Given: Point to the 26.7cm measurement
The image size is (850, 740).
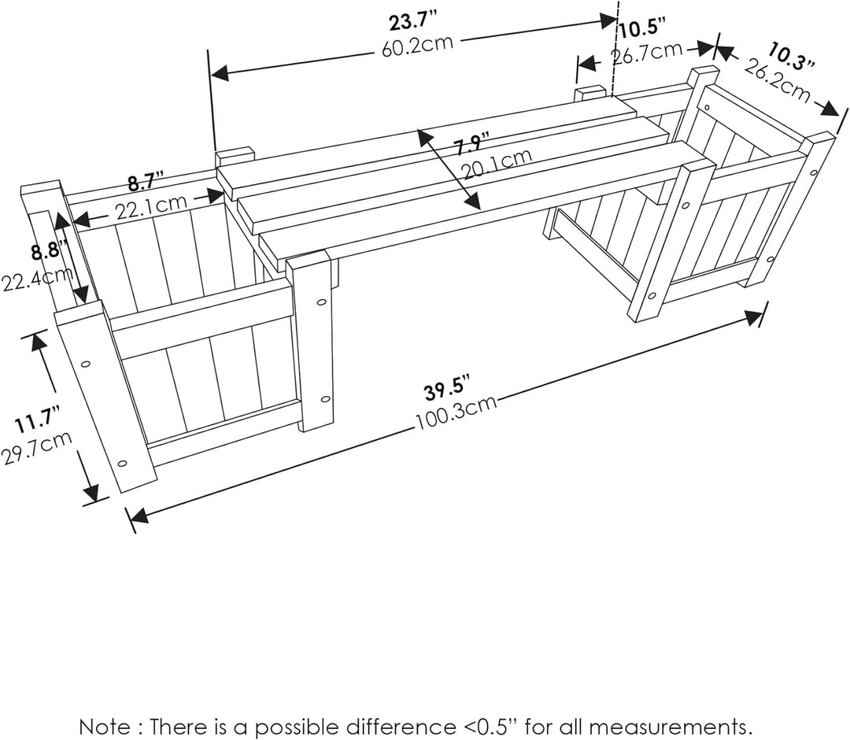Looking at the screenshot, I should [x=646, y=53].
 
